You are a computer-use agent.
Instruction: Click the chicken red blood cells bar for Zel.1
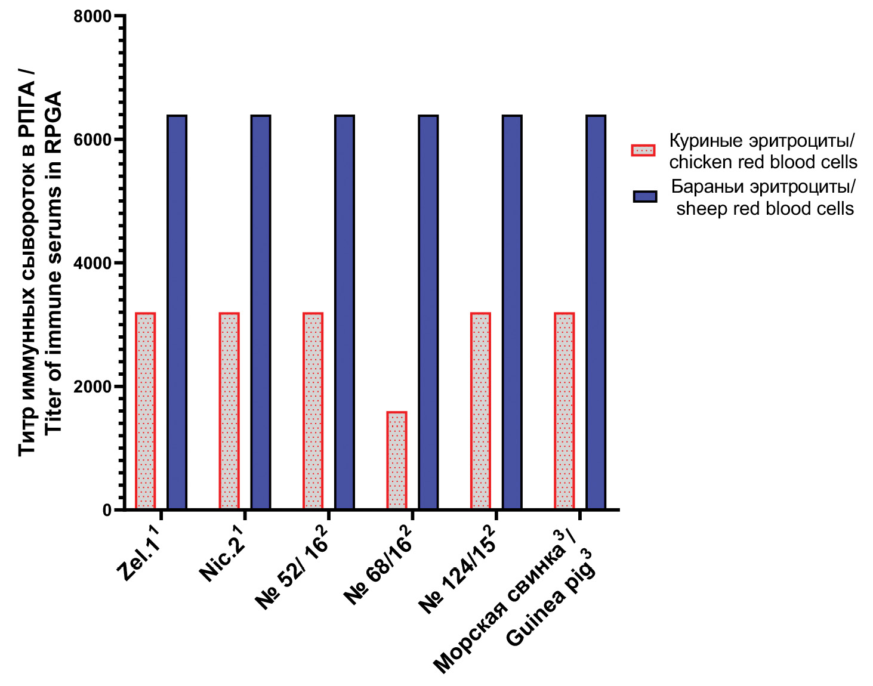click(146, 411)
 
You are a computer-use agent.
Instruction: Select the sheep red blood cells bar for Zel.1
click(177, 313)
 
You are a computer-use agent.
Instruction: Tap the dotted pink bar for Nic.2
click(229, 411)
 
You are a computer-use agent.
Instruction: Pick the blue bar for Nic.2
click(261, 313)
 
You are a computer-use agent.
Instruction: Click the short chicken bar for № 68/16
click(397, 461)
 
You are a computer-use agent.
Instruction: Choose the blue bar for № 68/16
click(428, 313)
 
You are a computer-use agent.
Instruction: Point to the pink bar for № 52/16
click(313, 411)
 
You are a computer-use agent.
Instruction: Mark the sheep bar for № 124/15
click(512, 313)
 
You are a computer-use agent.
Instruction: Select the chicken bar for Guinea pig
click(564, 411)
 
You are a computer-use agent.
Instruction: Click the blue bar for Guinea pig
click(596, 313)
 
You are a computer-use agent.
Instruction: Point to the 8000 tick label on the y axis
click(92, 16)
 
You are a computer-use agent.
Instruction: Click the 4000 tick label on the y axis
click(92, 263)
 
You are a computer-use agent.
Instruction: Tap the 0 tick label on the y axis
click(107, 510)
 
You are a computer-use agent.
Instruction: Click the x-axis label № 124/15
click(457, 570)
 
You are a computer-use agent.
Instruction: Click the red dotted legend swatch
click(643, 150)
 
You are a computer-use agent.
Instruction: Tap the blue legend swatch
click(645, 197)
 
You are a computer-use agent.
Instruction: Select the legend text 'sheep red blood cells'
click(765, 208)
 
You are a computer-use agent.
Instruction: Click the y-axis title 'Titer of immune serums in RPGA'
click(54, 262)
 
